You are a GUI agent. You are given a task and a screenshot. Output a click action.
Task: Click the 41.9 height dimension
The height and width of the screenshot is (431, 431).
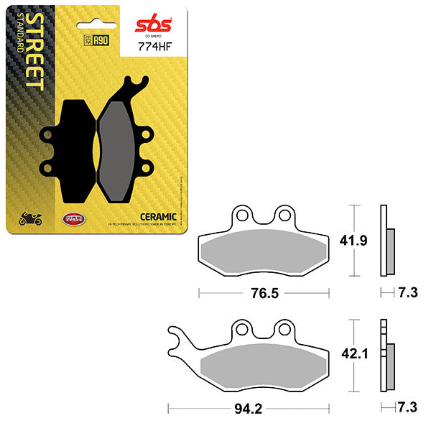(x=358, y=241)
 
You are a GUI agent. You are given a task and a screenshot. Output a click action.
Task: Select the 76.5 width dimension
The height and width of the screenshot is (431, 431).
(x=264, y=293)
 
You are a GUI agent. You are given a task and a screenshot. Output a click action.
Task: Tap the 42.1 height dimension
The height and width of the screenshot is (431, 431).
(x=358, y=354)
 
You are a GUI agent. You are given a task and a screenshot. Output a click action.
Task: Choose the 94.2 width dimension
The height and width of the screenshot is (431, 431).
(x=247, y=409)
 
